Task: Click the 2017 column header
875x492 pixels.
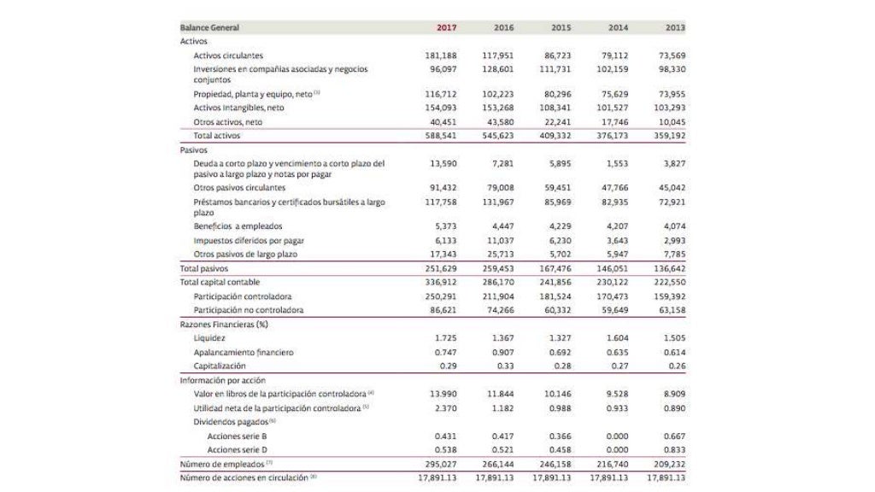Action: tap(446, 27)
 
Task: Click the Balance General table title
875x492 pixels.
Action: tap(209, 27)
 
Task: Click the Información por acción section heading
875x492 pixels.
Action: tap(223, 379)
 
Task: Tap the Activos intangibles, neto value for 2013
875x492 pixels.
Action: tap(671, 108)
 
